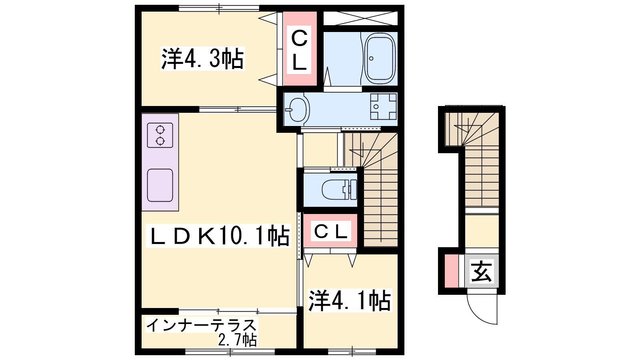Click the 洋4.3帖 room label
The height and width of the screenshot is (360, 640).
[x=202, y=58]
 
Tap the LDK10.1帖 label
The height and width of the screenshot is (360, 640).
[x=218, y=236]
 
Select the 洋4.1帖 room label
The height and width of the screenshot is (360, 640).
[x=350, y=300]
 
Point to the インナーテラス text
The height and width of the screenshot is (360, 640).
[x=202, y=325]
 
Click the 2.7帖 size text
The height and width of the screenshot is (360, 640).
[x=238, y=340]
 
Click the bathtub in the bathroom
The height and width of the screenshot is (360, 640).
[x=380, y=58]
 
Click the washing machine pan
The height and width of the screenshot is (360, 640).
[x=384, y=106]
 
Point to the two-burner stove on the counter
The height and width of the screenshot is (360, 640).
[x=160, y=135]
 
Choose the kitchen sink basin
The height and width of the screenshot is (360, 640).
[x=160, y=186]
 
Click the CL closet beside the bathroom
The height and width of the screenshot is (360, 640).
[x=300, y=48]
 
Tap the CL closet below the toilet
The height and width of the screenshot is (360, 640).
[x=330, y=231]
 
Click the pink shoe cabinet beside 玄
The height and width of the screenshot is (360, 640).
[x=452, y=271]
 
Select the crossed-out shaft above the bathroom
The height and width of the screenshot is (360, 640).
[x=360, y=18]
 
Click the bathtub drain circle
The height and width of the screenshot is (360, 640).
[x=371, y=58]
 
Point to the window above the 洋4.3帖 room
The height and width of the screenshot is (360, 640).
[x=219, y=8]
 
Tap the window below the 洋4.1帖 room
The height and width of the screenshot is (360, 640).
[x=352, y=352]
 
